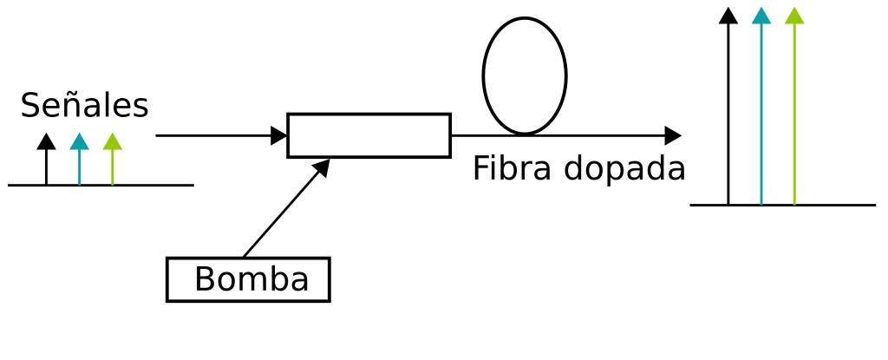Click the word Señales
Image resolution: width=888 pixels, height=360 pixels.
[84, 106]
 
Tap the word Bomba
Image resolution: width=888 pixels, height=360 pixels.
[251, 279]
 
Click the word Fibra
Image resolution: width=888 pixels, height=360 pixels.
[512, 168]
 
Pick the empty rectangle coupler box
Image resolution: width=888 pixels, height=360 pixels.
[369, 135]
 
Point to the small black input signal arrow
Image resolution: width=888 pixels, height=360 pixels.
[46, 160]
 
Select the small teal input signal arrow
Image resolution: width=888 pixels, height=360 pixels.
[79, 160]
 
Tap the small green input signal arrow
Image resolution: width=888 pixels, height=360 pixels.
[113, 160]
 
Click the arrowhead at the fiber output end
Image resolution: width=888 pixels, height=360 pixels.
[673, 135]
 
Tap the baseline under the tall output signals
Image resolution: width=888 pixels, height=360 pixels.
[832, 206]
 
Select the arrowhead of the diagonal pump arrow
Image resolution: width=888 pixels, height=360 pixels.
[323, 166]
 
